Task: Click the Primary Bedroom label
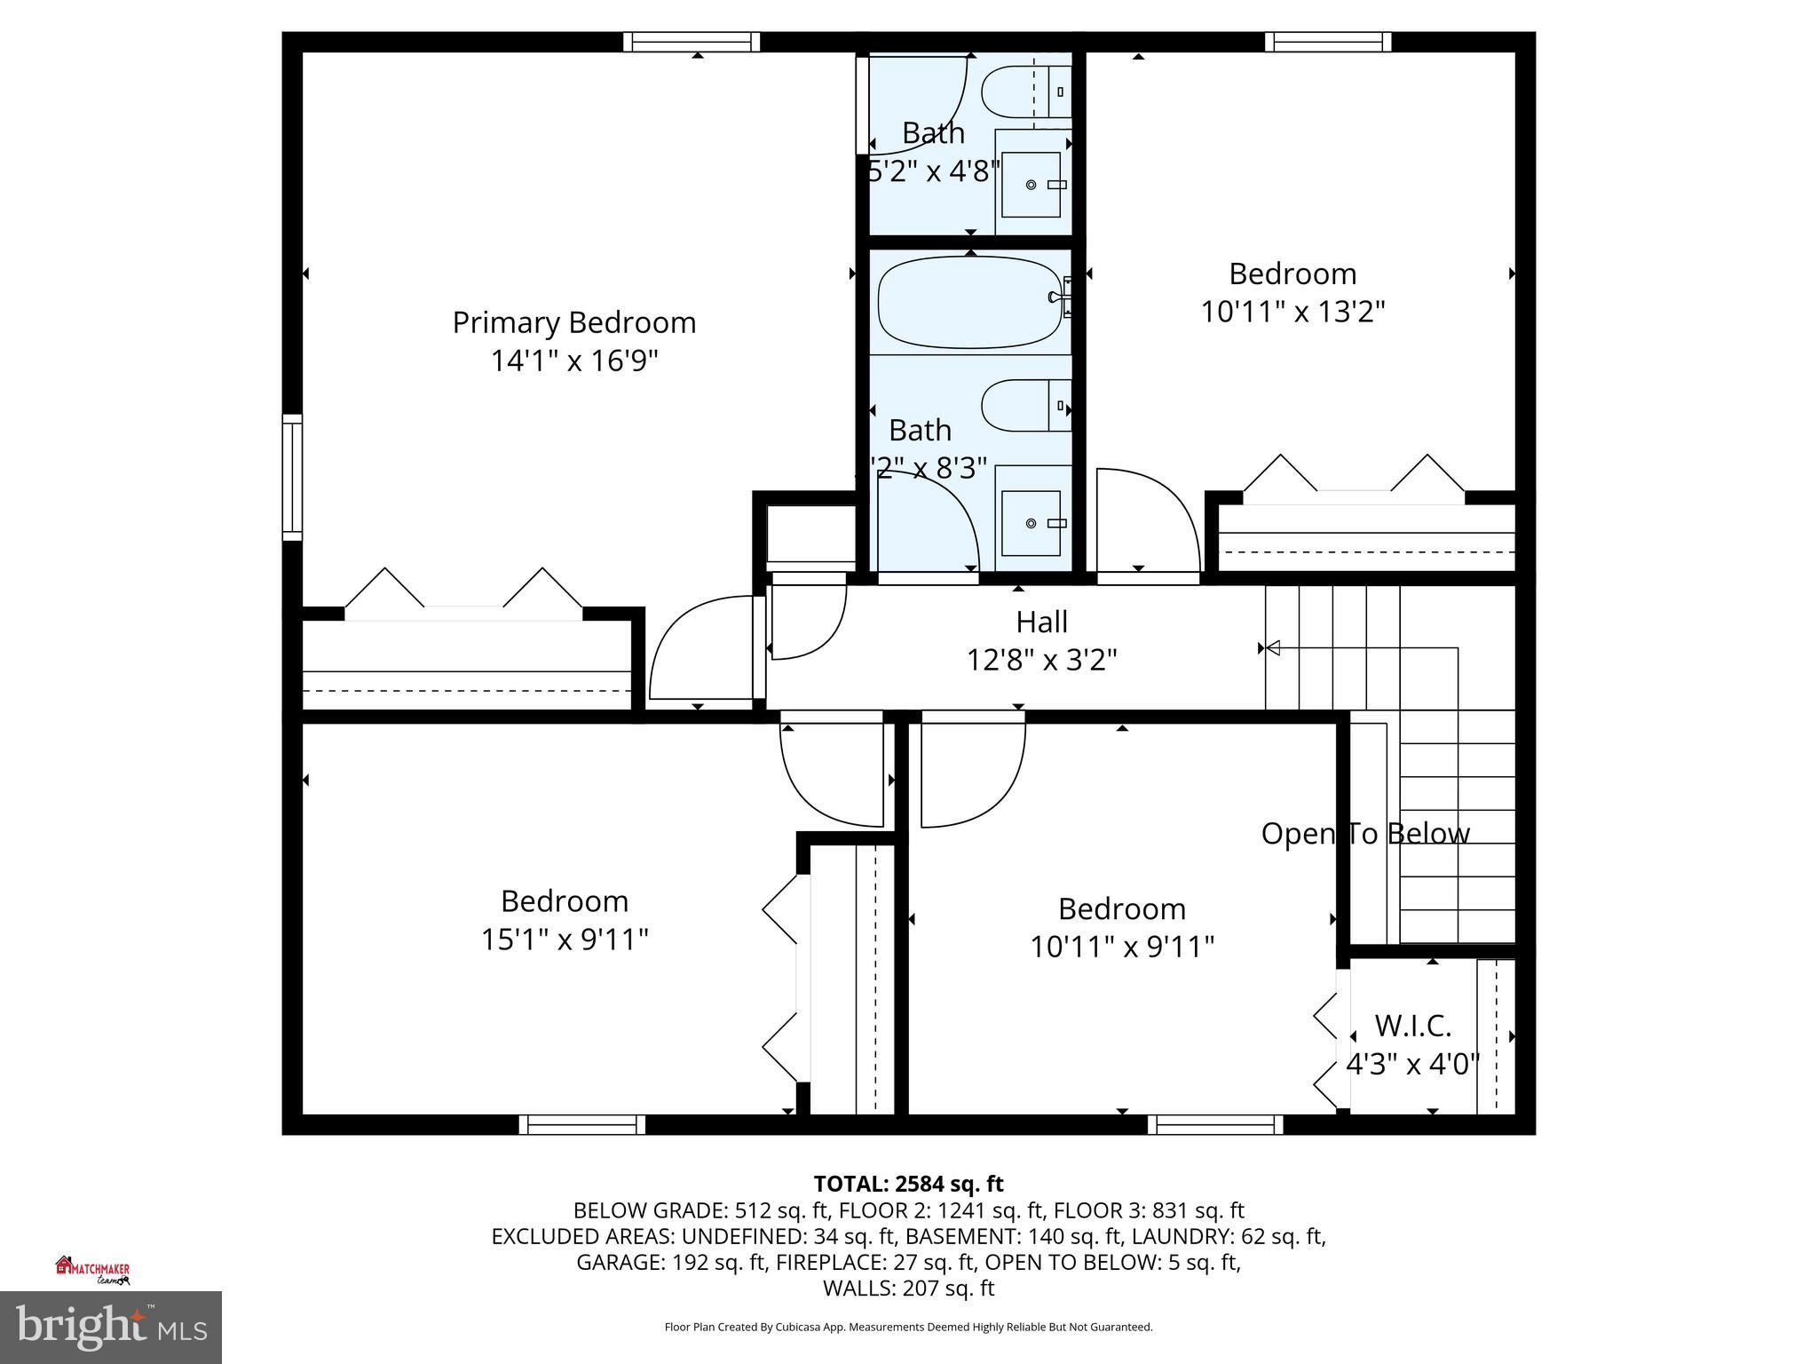[x=573, y=322]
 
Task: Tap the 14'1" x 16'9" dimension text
[x=573, y=361]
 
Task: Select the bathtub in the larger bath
[x=969, y=302]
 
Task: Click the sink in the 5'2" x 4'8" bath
[x=1031, y=184]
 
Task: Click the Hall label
[x=1041, y=622]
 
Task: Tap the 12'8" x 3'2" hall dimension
[x=1041, y=660]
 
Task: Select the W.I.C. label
[x=1412, y=1026]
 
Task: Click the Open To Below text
[x=1365, y=833]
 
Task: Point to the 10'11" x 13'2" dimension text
[x=1292, y=312]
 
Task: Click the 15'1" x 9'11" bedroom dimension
[x=565, y=939]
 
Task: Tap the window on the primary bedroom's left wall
[x=292, y=477]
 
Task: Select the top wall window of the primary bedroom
[x=692, y=42]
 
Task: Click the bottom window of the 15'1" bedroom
[x=582, y=1124]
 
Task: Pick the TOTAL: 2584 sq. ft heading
[x=908, y=1184]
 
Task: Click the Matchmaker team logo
[x=92, y=1270]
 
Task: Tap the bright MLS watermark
[x=111, y=1327]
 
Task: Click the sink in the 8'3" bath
[x=1031, y=523]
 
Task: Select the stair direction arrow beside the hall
[x=1272, y=648]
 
